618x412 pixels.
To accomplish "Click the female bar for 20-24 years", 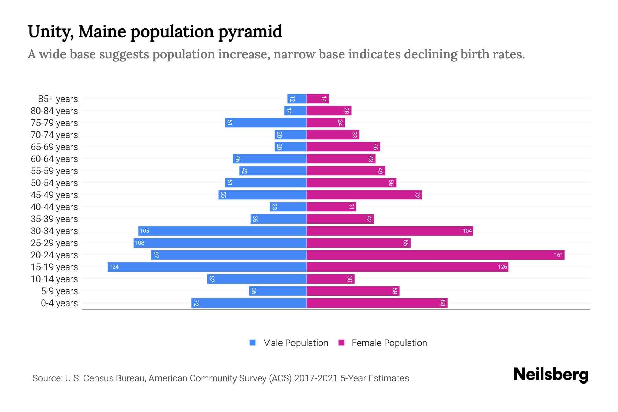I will (x=435, y=255).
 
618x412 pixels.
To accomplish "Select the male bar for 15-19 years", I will (x=207, y=267).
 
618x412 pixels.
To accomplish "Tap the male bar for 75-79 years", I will (x=265, y=123).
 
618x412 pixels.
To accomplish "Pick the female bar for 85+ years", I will (x=318, y=99).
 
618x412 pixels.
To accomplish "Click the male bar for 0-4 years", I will (x=249, y=303).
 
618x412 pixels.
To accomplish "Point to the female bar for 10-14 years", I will (x=330, y=279).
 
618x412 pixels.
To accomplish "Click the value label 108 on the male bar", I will (x=140, y=243).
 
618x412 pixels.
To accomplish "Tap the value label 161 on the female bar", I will (x=558, y=255).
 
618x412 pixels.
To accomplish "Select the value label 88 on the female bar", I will (x=443, y=303).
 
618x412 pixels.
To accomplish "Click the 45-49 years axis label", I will (x=54, y=195).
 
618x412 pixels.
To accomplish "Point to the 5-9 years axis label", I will (x=59, y=291).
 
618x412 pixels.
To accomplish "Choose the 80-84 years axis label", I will (x=54, y=111).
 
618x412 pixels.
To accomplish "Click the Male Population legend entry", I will (x=295, y=343).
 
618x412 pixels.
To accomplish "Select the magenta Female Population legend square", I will (x=341, y=343).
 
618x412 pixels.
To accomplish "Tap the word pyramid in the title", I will (x=250, y=32).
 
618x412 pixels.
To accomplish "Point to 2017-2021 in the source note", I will (x=316, y=378).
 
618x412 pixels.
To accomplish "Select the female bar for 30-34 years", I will (x=390, y=231).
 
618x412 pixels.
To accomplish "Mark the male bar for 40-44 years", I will (x=288, y=207).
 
